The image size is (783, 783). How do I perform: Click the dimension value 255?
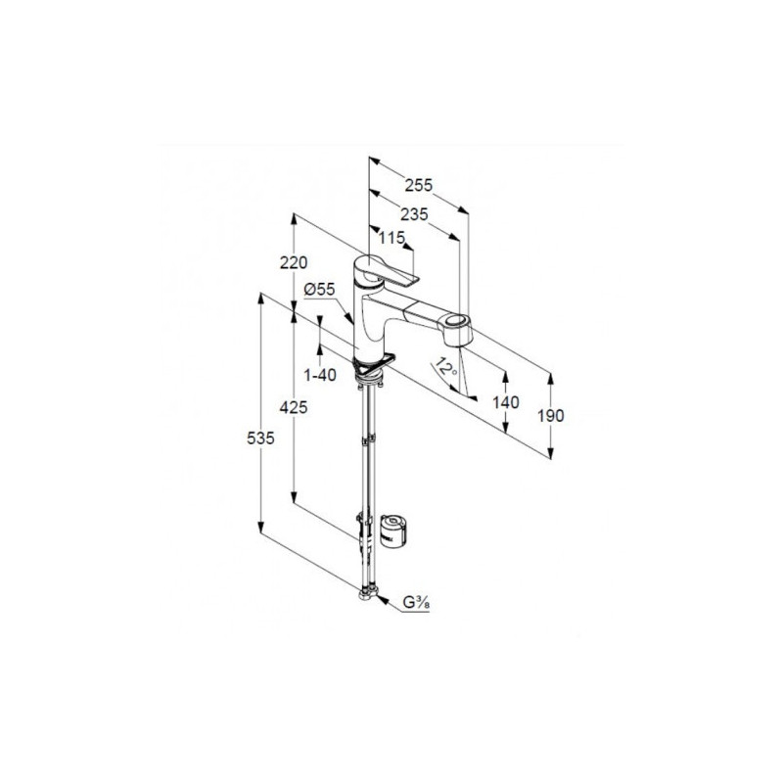[x=419, y=185]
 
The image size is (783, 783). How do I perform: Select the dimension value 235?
[x=414, y=214]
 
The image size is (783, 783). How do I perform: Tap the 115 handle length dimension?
[x=391, y=238]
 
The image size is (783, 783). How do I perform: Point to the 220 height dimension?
[x=294, y=262]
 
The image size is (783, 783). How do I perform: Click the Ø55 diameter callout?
[x=319, y=289]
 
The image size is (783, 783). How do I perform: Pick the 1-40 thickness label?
[x=320, y=375]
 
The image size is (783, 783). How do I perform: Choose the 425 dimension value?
[x=293, y=407]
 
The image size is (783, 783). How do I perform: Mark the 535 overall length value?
[x=260, y=438]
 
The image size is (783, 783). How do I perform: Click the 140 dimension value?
[x=506, y=402]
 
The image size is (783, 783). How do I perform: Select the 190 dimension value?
[x=551, y=415]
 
